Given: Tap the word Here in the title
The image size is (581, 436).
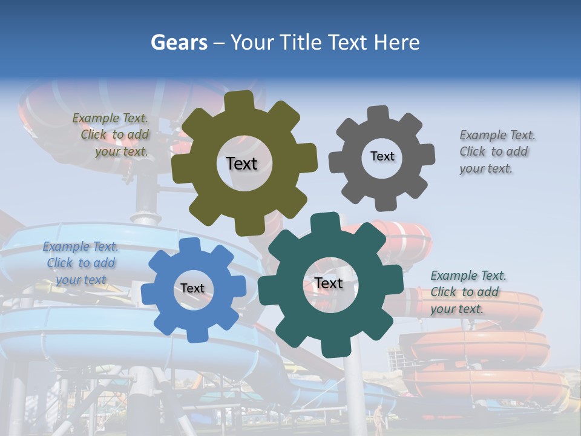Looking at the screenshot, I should tap(396, 42).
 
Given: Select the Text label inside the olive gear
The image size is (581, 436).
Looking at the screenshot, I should tap(241, 163).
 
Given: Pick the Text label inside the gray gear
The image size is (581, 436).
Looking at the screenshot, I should tap(382, 156).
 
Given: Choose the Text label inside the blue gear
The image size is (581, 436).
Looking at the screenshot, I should tap(192, 288).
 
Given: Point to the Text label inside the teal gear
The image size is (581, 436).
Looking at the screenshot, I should tap(329, 283).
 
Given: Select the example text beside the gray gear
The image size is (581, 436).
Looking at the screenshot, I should tap(494, 151).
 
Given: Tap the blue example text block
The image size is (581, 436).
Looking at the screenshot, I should tap(80, 263).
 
